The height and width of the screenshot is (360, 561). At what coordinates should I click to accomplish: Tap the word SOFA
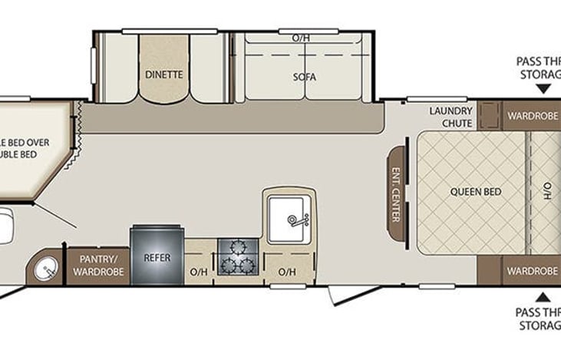tap(305, 77)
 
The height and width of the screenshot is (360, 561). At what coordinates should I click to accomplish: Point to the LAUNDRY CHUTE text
tap(450, 117)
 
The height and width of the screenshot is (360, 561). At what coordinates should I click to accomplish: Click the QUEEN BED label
tap(470, 193)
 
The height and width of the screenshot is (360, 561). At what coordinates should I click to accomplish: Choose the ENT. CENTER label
tap(397, 183)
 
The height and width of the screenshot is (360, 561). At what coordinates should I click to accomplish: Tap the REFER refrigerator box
tap(157, 257)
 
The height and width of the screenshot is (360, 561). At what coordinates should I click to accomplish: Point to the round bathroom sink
tap(46, 269)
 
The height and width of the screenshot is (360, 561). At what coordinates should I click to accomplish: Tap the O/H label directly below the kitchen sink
tap(287, 272)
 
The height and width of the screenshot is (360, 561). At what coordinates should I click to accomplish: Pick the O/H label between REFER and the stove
tap(199, 272)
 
